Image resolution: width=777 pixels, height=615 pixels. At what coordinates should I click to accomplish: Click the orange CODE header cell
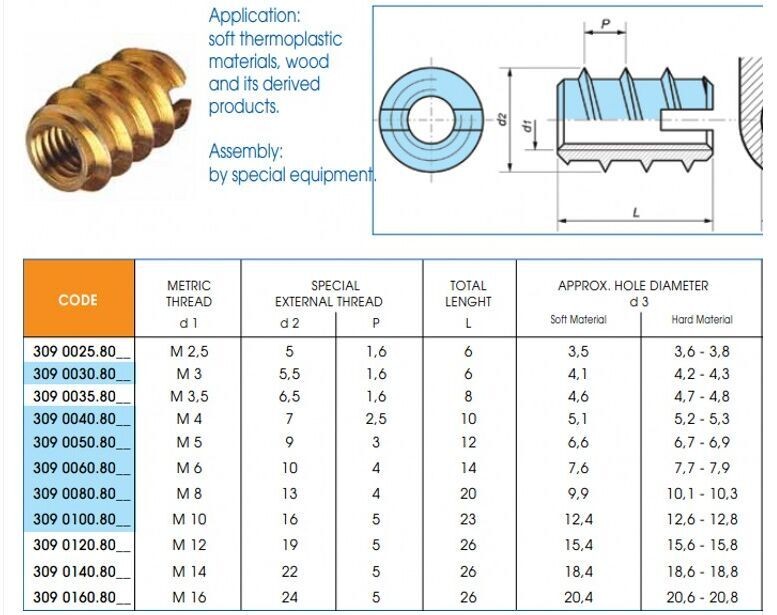pos(79,298)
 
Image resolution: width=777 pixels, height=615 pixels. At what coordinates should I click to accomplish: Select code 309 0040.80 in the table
pos(82,419)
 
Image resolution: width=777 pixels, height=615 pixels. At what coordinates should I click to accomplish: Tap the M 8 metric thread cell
pos(189,494)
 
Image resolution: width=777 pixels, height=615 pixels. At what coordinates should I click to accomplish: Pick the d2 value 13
pos(289,494)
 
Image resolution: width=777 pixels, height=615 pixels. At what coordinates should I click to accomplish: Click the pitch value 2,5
pos(376,419)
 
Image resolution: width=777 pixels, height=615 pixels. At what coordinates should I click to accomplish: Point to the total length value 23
pos(468,519)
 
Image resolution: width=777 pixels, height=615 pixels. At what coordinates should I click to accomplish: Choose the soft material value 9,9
pos(578,494)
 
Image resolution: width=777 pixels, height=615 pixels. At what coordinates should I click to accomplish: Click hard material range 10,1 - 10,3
pos(702,494)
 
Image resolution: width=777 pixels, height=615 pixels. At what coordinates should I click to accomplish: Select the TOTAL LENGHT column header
pos(468,293)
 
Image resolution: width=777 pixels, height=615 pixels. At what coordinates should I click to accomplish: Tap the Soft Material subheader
pos(578,320)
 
